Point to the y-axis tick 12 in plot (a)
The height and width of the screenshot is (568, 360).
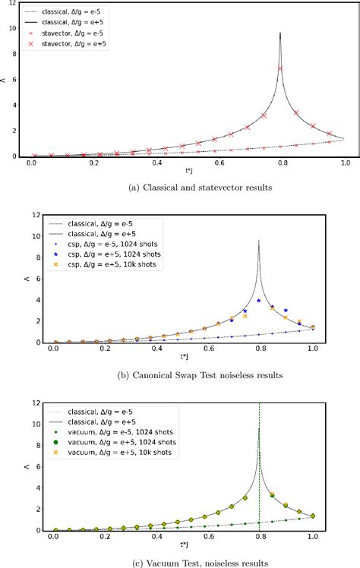[x=14, y=3]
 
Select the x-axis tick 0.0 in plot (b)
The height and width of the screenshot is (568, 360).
[x=53, y=350]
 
